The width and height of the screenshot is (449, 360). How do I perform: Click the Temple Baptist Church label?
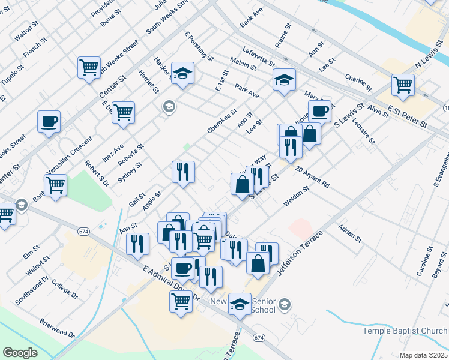pyautogui.click(x=405, y=331)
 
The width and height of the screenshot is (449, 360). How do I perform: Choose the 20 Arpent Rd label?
pyautogui.click(x=312, y=176)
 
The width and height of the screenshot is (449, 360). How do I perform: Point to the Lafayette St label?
pyautogui.click(x=259, y=57)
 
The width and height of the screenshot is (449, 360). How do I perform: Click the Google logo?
pyautogui.click(x=20, y=353)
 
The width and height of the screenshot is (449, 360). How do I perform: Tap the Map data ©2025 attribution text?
pyautogui.click(x=424, y=355)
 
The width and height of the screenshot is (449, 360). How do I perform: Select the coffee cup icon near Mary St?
pyautogui.click(x=320, y=111)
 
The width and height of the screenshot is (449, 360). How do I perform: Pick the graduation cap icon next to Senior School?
pyautogui.click(x=240, y=304)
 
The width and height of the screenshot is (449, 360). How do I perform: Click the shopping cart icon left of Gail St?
pyautogui.click(x=55, y=186)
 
